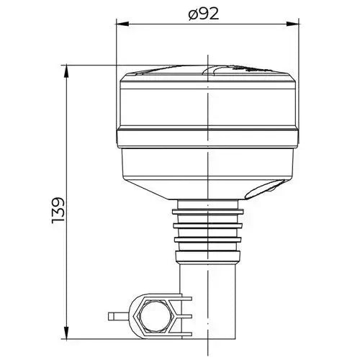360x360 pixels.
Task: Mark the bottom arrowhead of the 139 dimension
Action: pyautogui.click(x=67, y=340)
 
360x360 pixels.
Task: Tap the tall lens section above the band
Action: pyautogui.click(x=208, y=104)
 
